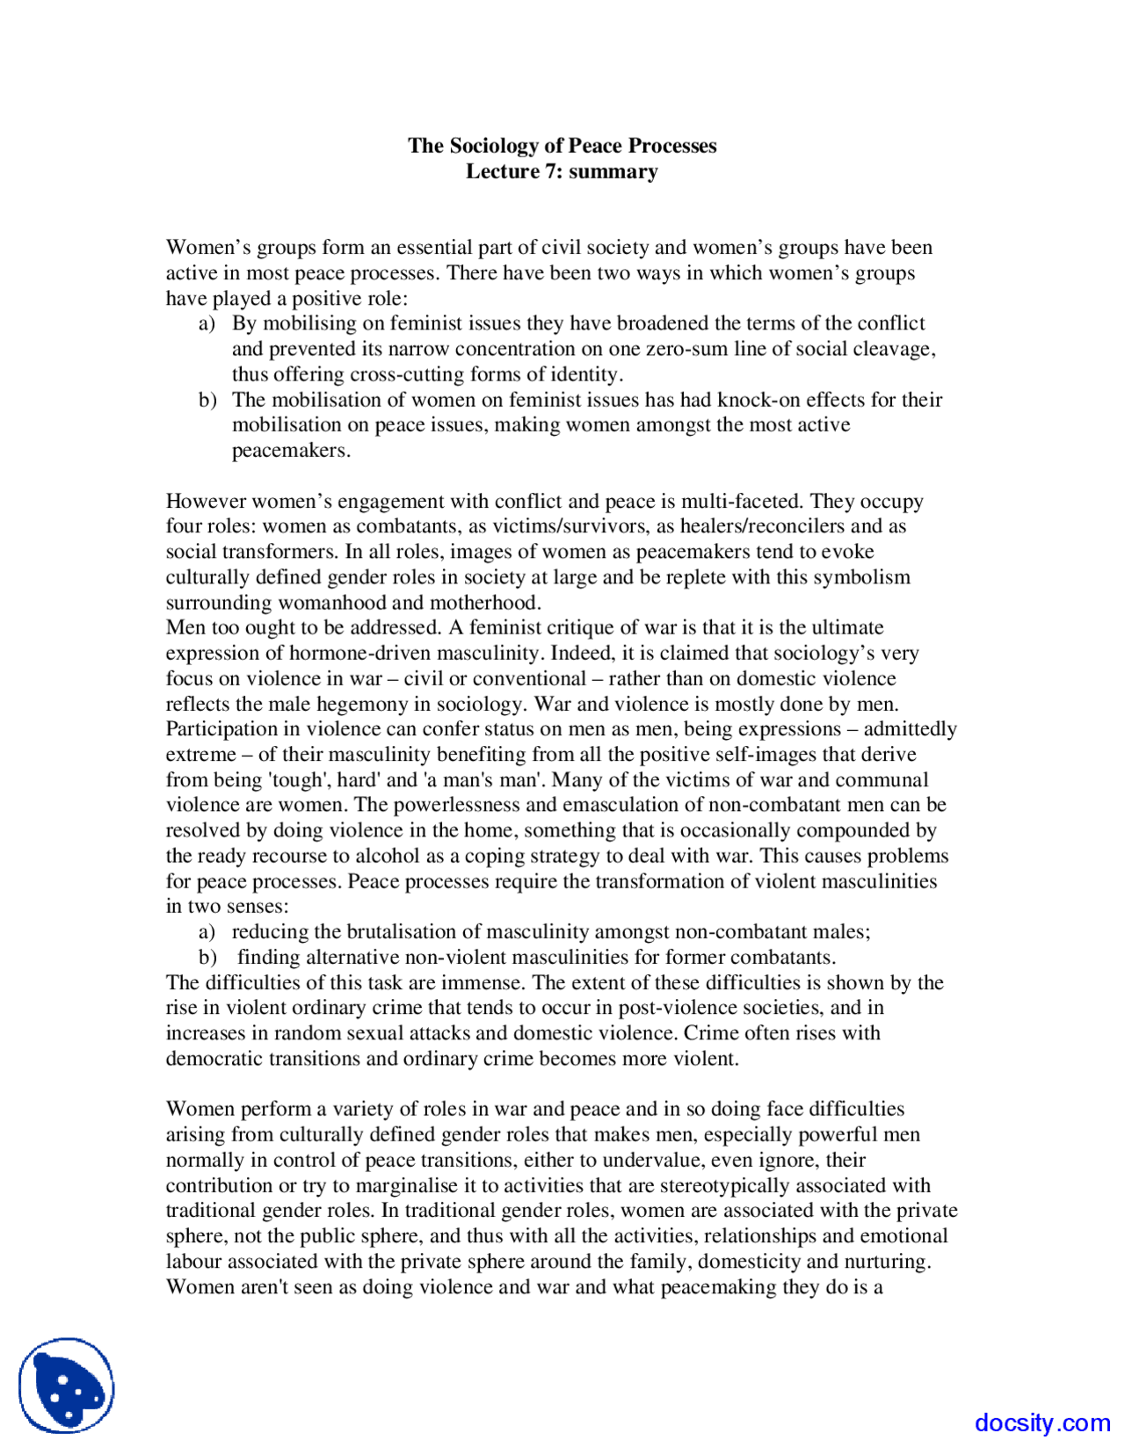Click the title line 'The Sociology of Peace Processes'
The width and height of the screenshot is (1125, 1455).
coord(562,146)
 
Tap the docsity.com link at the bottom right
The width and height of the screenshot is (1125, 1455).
coord(1042,1422)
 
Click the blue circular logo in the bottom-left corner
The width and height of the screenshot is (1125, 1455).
coord(67,1386)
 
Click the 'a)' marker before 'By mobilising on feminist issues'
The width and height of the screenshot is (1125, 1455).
coord(207,324)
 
